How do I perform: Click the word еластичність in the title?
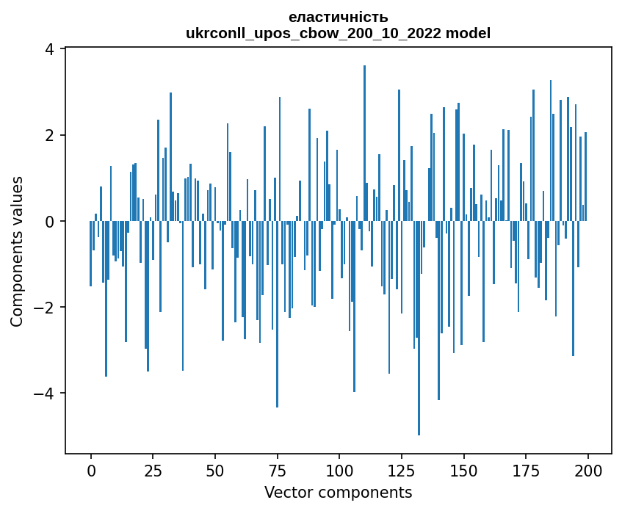point(339,17)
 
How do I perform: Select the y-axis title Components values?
point(17,251)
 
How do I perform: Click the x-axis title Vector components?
point(339,492)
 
